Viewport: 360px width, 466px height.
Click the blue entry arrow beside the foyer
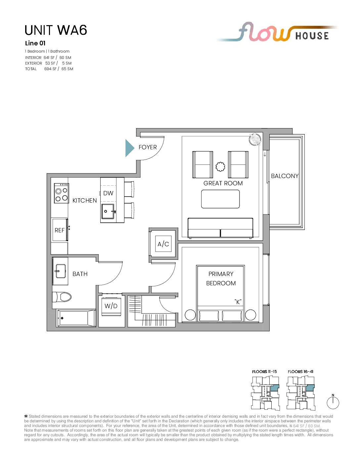[x=129, y=148]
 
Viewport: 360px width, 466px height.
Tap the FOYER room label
[x=148, y=147]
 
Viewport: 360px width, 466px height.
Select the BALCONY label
[x=285, y=176]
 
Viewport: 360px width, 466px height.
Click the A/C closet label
[x=163, y=244]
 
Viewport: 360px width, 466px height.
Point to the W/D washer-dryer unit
[x=111, y=306]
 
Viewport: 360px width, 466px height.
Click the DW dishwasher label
[x=108, y=193]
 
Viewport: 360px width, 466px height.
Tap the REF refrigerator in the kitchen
[x=60, y=230]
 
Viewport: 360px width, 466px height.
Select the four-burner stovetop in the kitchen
[x=61, y=193]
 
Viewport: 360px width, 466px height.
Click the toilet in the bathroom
[x=62, y=297]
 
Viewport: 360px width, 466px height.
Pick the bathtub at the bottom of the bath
[x=76, y=318]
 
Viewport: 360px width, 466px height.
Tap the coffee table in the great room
[x=220, y=199]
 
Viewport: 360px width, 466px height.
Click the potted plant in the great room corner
[x=255, y=139]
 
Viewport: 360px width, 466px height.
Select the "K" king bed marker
[x=238, y=302]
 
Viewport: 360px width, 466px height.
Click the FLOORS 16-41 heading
[x=300, y=371]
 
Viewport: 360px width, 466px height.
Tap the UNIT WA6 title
[x=56, y=30]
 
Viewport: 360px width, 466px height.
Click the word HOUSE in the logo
[x=312, y=36]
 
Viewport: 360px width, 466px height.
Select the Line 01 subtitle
[x=35, y=43]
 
